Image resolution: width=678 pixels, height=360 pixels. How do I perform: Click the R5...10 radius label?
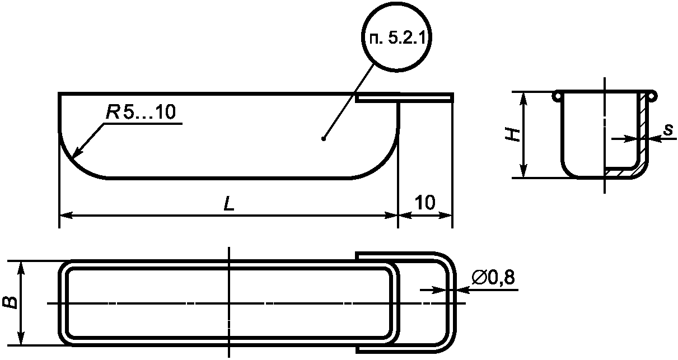141,112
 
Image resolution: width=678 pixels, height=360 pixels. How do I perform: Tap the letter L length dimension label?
229,203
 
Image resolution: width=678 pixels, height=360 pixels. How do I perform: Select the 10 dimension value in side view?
425,202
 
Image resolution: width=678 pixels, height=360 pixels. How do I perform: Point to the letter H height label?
513,135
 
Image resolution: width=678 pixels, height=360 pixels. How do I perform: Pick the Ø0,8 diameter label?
493,277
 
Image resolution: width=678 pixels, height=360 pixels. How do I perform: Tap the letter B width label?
10,302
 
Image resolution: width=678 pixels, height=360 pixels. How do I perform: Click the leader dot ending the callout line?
324,139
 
